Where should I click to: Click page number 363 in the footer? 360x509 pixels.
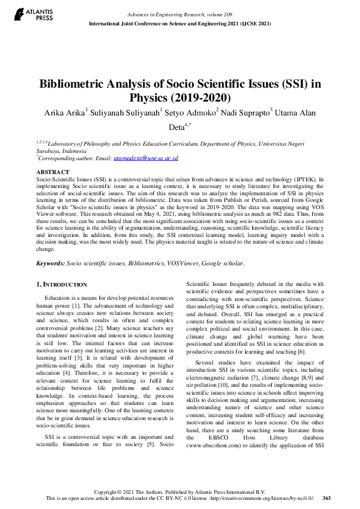(x=326, y=498)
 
